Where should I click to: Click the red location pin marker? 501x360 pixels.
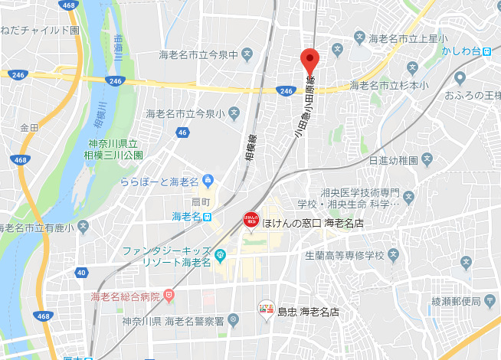(309, 58)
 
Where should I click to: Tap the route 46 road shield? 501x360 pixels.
(182, 133)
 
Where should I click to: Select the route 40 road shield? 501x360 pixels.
(81, 272)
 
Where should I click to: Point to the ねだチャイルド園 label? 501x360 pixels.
(40, 31)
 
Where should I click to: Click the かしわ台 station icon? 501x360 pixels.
(488, 51)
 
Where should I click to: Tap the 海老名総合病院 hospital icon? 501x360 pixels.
(169, 296)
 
